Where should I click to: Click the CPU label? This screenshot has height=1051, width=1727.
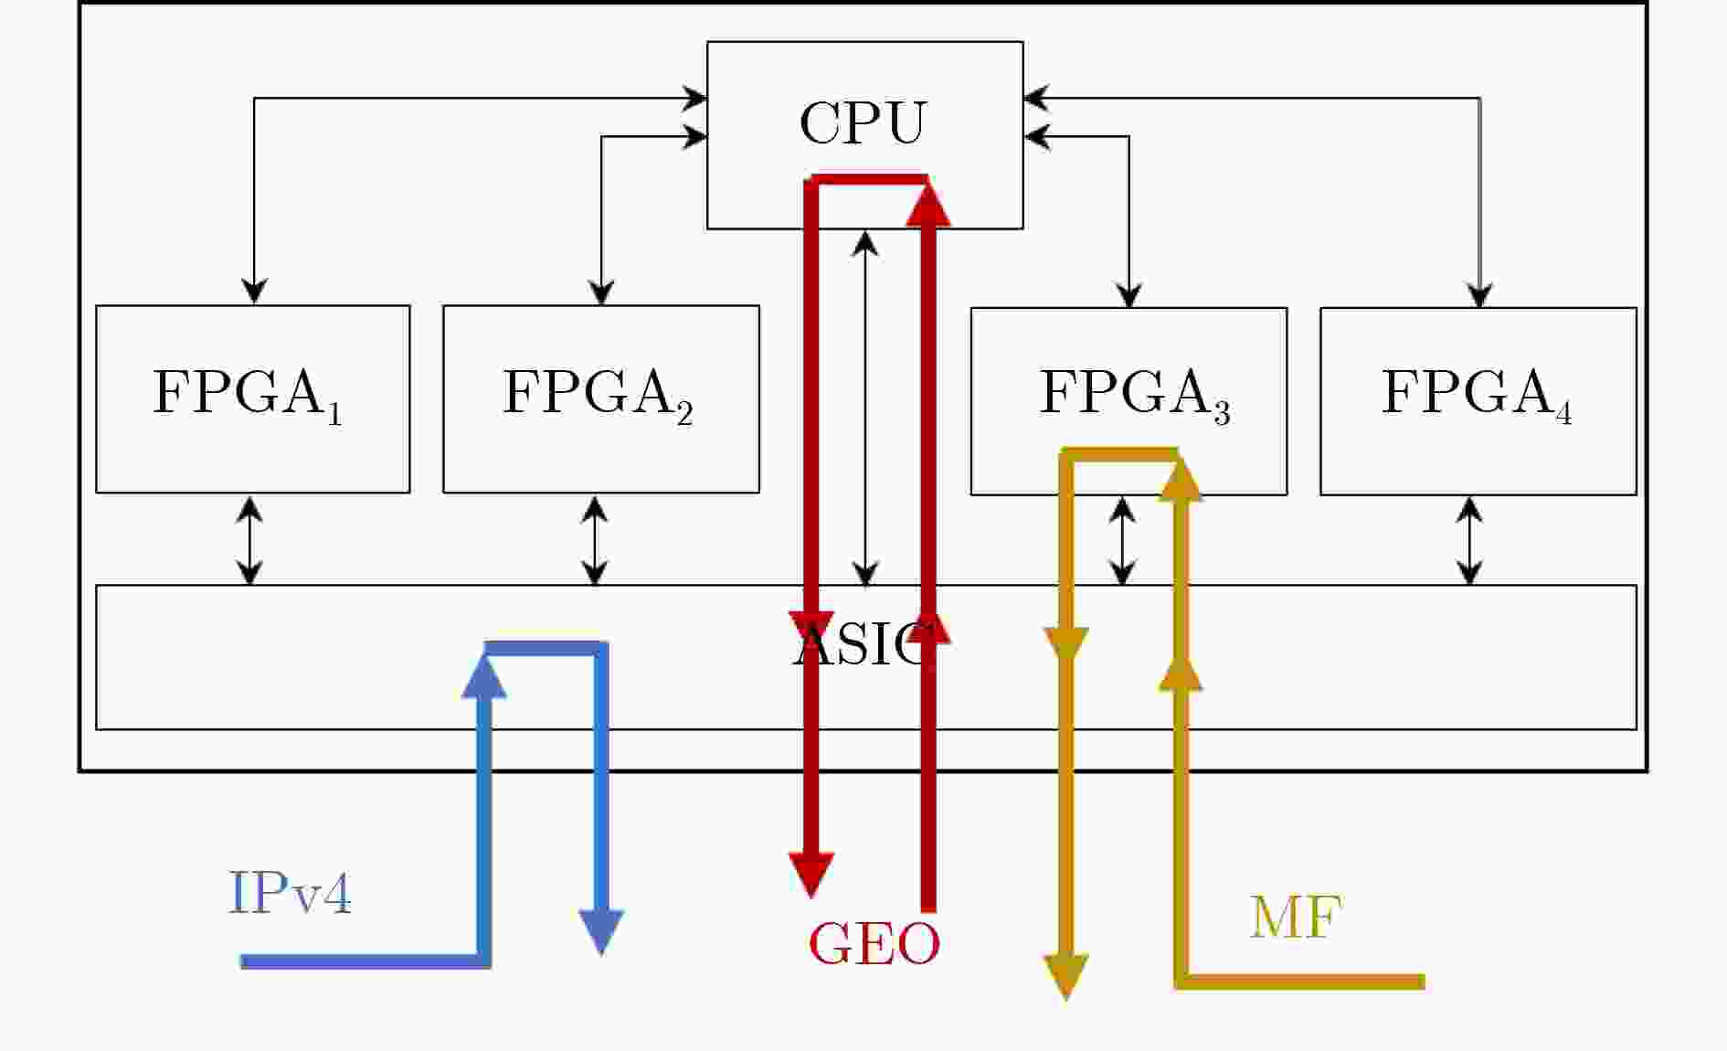(863, 122)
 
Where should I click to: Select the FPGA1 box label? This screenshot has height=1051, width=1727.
(247, 395)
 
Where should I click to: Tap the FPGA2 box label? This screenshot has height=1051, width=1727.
(598, 395)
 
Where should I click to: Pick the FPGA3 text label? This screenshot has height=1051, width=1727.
(1134, 395)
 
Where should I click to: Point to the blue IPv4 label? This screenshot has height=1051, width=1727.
(290, 893)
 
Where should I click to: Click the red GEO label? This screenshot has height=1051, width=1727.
(874, 944)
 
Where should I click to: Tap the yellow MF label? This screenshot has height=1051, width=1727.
(1295, 917)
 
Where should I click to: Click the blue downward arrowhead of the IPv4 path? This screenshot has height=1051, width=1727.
(601, 931)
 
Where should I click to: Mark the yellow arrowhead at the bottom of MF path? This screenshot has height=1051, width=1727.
(1065, 976)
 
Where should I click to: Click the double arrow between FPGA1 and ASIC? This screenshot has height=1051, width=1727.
(249, 540)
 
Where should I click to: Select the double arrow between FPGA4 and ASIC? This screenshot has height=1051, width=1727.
(1469, 540)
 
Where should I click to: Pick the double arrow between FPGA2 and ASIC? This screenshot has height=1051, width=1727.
(595, 540)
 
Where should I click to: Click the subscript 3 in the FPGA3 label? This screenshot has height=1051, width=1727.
(1222, 413)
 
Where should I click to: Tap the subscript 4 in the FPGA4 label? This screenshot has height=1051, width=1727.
(1564, 413)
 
